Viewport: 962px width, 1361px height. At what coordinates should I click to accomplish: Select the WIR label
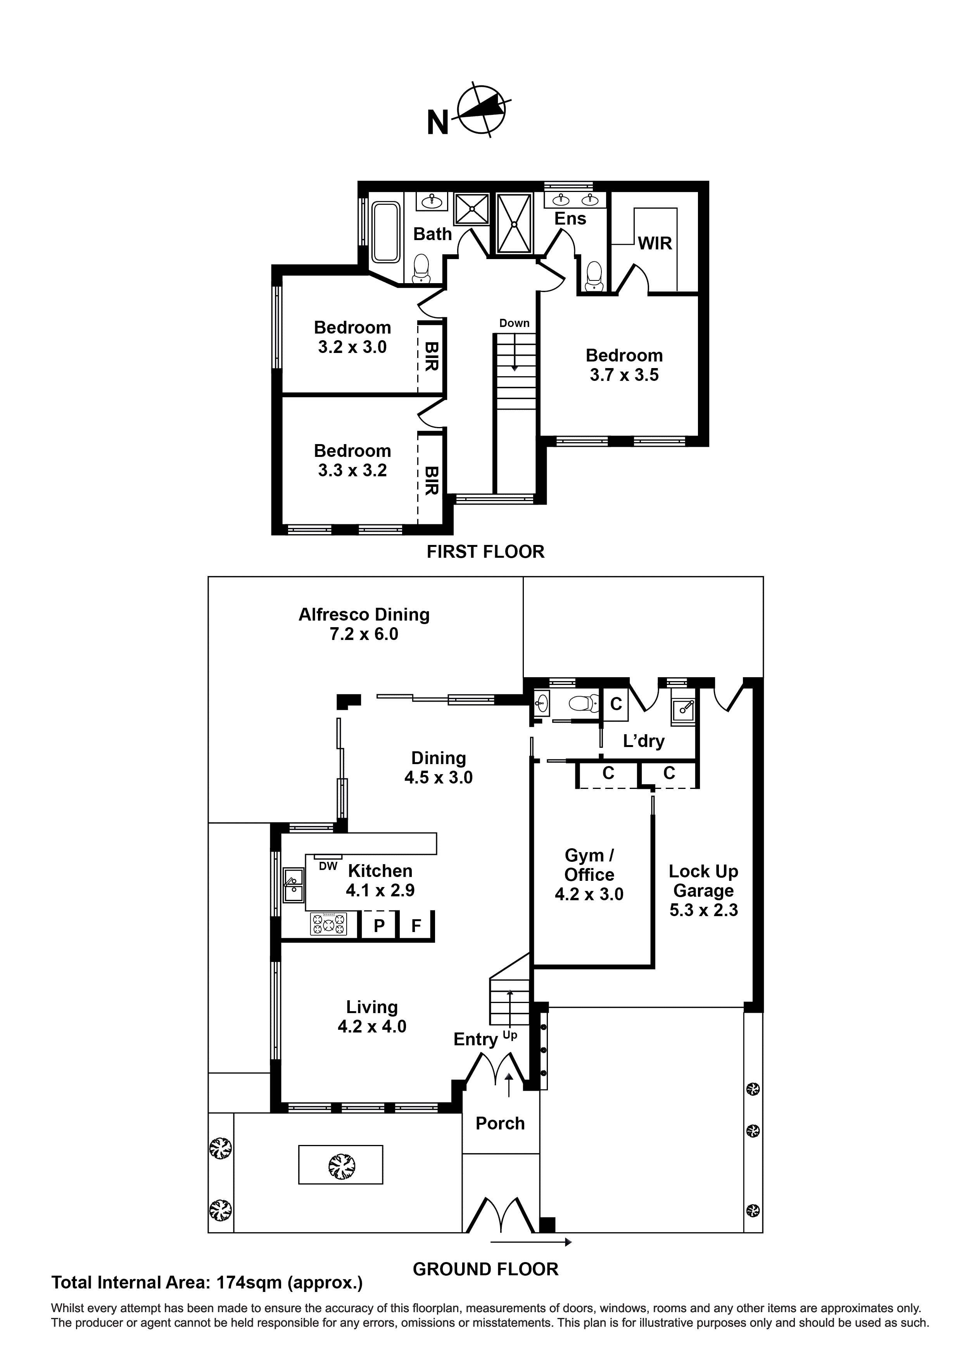(x=655, y=244)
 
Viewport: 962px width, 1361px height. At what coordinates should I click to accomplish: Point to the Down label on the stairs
(x=514, y=323)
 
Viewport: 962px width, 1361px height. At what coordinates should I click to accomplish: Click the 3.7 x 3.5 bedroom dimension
(x=624, y=375)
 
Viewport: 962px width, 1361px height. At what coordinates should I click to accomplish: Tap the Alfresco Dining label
(x=364, y=615)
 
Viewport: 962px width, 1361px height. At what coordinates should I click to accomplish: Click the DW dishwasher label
(x=328, y=866)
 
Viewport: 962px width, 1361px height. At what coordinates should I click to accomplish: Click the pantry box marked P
(x=379, y=925)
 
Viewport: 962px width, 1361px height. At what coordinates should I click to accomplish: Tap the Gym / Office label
(x=589, y=865)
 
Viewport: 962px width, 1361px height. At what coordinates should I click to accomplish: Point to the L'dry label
(x=644, y=741)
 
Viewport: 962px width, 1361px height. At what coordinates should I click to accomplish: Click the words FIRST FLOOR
(x=485, y=552)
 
